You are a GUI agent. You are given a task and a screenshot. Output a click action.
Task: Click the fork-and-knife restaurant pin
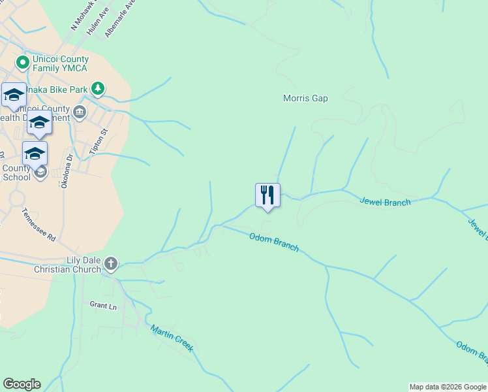[267, 195]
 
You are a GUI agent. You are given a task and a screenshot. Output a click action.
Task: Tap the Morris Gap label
[305, 99]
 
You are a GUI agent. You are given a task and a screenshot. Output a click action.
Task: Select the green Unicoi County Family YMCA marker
[23, 63]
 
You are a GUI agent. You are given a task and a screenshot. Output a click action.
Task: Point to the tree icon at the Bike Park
[97, 88]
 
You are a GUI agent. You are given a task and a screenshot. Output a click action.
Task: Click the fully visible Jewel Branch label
[385, 202]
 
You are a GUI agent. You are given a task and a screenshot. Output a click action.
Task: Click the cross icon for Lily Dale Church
[111, 264]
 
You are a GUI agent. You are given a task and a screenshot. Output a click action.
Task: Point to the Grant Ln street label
[103, 305]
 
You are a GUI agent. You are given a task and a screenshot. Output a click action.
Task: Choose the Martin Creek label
[172, 338]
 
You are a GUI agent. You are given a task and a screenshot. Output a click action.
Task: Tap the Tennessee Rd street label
[38, 225]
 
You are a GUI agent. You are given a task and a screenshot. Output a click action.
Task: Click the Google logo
[22, 384]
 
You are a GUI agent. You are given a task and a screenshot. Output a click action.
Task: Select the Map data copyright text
[448, 387]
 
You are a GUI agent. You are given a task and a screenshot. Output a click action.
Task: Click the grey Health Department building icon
[80, 112]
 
